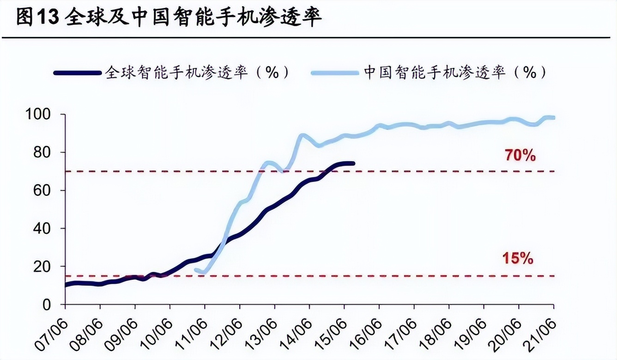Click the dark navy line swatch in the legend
(77, 73)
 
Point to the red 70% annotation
(520, 156)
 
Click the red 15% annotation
(518, 259)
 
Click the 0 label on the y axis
(54, 305)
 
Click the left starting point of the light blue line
(196, 270)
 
